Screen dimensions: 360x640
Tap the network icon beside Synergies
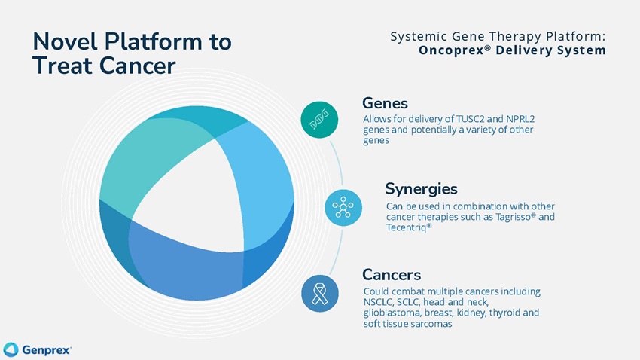point(343,207)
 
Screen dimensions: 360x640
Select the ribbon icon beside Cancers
point(318,293)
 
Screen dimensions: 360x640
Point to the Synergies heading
point(421,188)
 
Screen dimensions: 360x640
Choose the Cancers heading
point(391,273)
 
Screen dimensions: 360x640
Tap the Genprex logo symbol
point(11,349)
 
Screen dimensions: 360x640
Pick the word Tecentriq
point(405,227)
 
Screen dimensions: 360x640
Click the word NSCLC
point(378,302)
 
